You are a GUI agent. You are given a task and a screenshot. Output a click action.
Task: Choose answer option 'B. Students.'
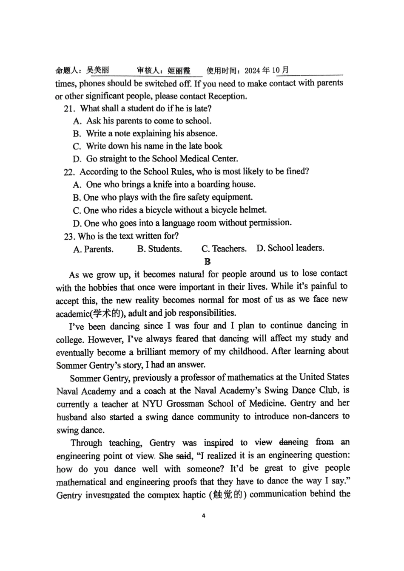point(159,249)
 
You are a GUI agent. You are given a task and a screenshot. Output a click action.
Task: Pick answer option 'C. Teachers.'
point(224,249)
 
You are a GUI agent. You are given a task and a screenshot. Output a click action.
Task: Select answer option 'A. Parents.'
point(93,249)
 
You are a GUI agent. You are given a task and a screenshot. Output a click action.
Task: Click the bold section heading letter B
point(207,262)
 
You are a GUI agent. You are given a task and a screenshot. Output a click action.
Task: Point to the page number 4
point(203,516)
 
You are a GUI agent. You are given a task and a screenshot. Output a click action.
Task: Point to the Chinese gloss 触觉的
point(230,495)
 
